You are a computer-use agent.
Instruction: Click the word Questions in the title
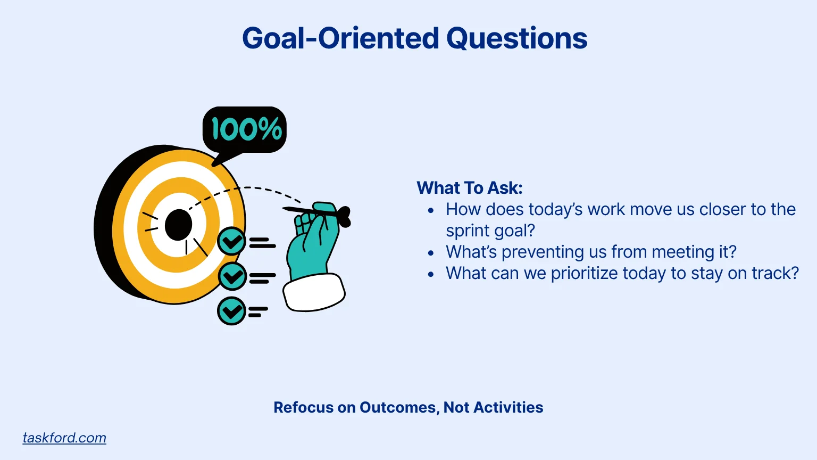coord(517,38)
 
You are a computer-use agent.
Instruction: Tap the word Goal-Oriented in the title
coord(340,38)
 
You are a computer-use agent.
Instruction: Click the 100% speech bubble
coord(244,130)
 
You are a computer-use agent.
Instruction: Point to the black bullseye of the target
coord(178,225)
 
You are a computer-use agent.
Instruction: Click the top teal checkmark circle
coord(231,241)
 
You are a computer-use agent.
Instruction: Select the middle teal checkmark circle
coord(231,276)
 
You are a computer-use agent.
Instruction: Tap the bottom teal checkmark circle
coord(231,311)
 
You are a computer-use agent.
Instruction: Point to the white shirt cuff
coord(314,293)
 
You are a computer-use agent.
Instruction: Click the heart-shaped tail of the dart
coord(344,217)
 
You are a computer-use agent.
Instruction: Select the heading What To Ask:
coord(470,188)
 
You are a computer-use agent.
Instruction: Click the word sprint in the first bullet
coord(467,231)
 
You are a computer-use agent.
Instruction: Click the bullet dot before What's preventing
coord(431,253)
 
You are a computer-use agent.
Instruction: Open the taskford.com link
coord(64,438)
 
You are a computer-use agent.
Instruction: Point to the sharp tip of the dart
coord(284,209)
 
